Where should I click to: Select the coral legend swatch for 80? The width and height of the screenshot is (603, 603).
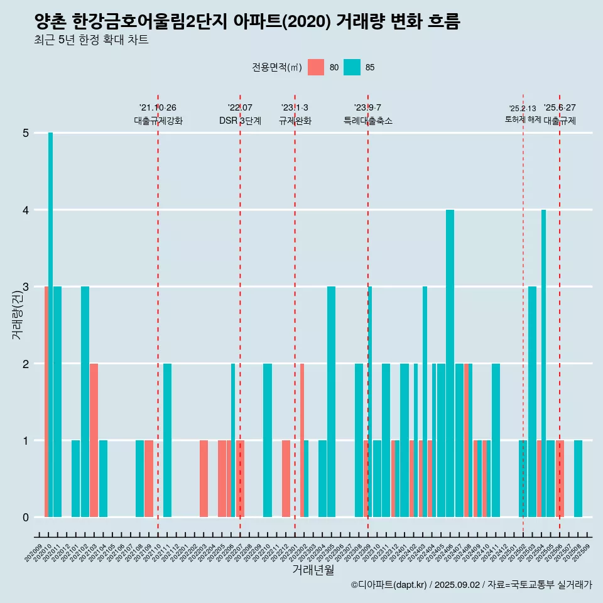[316, 67]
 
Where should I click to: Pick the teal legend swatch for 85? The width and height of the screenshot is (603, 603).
[352, 67]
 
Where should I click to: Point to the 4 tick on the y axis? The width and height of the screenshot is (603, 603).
[26, 210]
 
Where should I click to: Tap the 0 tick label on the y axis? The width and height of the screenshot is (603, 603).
[26, 518]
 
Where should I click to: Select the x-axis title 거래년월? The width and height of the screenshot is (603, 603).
[313, 570]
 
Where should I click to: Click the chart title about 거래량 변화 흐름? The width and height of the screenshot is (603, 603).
[247, 22]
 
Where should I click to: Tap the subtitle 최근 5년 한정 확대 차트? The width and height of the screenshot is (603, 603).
[91, 41]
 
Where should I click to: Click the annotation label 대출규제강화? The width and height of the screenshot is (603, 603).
[158, 121]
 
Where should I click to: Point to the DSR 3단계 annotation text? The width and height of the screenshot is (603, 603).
[240, 121]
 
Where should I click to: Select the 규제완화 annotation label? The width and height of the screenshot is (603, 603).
[295, 121]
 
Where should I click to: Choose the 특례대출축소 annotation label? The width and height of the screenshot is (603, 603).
[368, 121]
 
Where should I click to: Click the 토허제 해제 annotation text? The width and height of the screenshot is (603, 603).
[523, 119]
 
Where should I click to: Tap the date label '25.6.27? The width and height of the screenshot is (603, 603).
[560, 108]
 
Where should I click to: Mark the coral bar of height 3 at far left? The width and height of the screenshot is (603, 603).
[46, 402]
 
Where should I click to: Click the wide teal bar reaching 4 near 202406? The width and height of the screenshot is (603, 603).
[450, 363]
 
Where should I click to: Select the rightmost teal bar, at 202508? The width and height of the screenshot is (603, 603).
[578, 479]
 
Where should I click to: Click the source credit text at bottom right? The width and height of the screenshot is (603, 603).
[471, 585]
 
